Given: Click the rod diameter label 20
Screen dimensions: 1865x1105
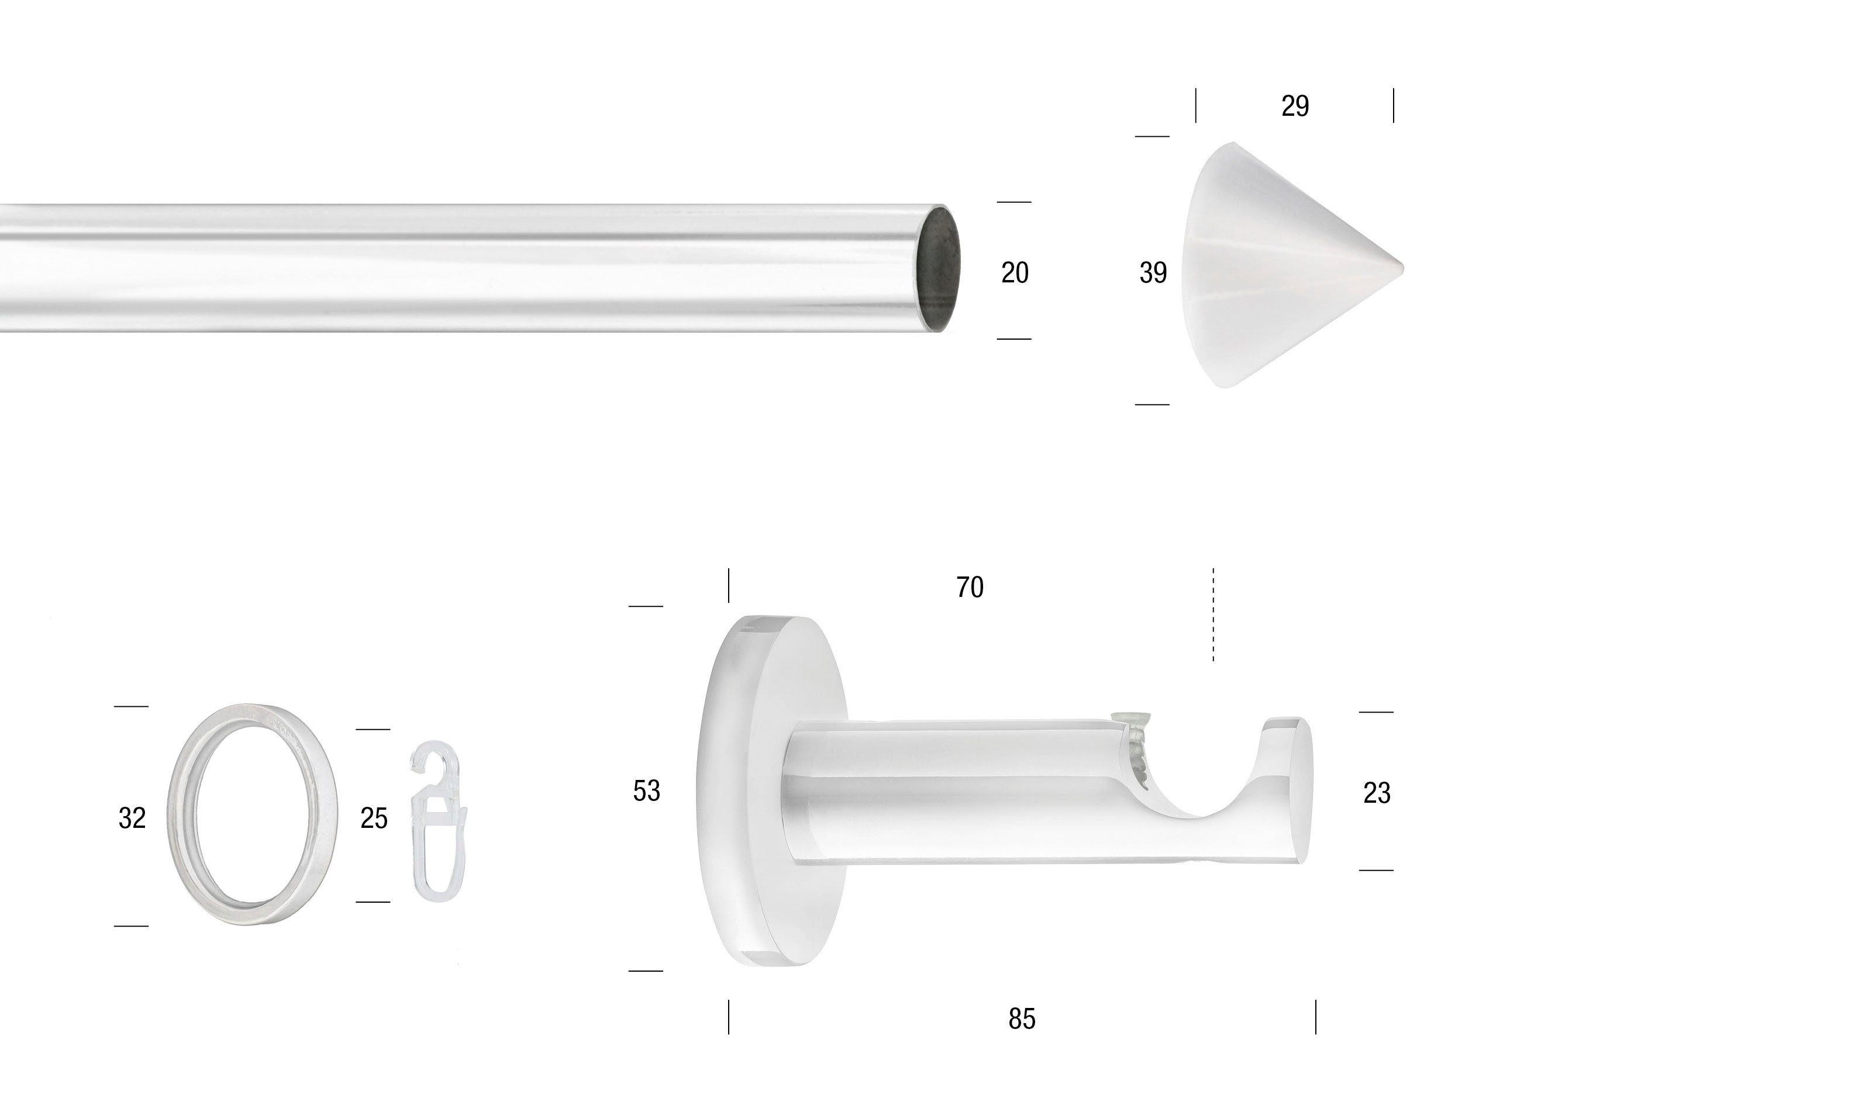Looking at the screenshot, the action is [1015, 272].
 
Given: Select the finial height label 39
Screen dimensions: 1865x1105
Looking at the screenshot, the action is [1153, 272].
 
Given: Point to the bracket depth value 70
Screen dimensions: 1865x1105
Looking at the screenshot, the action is [970, 588].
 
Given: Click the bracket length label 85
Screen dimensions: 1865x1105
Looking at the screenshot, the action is [1022, 1018].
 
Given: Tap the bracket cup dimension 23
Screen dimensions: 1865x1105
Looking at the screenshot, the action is [1377, 793].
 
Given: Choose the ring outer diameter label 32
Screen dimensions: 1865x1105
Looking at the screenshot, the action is [132, 819].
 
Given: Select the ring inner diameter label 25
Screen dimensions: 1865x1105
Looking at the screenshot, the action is [374, 819].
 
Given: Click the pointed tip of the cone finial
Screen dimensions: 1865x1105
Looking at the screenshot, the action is [1402, 267].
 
